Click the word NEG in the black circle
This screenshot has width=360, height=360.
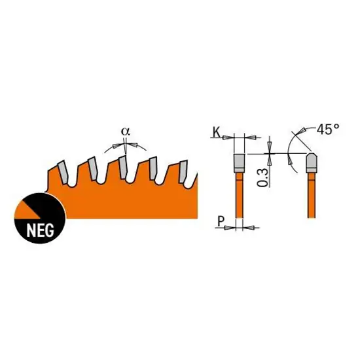pyautogui.click(x=41, y=230)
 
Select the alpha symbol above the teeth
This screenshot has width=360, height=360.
pyautogui.click(x=126, y=132)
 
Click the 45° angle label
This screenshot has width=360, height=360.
pyautogui.click(x=328, y=129)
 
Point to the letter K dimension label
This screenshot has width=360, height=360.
pyautogui.click(x=217, y=132)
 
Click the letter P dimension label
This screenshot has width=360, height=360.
pyautogui.click(x=221, y=221)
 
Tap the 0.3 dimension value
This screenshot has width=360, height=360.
pyautogui.click(x=262, y=177)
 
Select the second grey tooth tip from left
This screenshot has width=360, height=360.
pyautogui.click(x=93, y=168)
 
